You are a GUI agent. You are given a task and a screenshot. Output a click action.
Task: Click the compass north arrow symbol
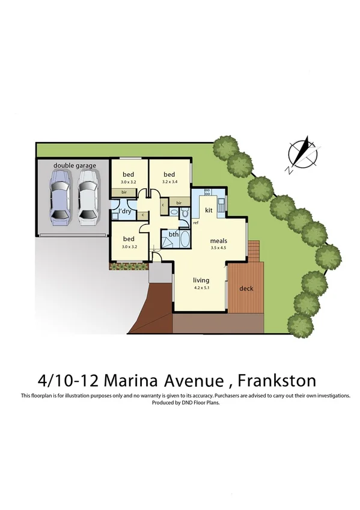302,153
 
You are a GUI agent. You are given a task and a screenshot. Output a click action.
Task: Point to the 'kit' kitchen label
209,210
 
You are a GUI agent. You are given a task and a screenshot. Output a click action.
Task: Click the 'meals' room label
218,241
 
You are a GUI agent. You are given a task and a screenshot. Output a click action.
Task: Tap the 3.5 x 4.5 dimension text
218,248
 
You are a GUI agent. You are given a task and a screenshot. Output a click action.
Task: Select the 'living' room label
200,280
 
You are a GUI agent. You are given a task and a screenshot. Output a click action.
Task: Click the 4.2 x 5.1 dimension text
200,287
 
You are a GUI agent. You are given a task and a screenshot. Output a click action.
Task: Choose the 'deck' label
246,288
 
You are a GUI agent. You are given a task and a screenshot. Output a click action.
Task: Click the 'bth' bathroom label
173,234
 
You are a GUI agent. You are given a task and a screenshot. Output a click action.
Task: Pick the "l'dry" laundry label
125,212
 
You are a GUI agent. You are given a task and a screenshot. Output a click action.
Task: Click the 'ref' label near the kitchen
196,223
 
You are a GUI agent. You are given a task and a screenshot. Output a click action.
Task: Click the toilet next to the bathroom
185,213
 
